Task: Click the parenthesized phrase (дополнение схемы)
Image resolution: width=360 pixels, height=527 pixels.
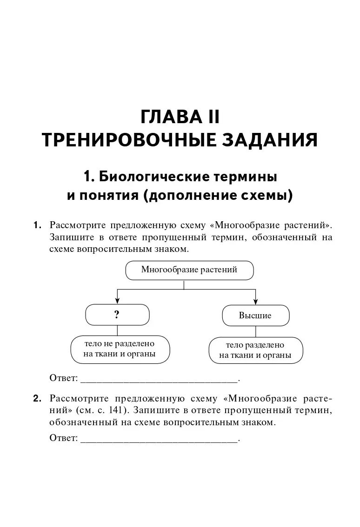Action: point(218,196)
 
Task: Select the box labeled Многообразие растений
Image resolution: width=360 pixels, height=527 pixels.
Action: point(189,270)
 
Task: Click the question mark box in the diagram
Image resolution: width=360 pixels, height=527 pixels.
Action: point(117,315)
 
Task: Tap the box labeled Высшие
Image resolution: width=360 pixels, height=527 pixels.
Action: point(255,316)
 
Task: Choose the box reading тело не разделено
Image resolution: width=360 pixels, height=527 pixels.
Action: point(119,350)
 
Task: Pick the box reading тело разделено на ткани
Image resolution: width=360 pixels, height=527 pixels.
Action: point(255,351)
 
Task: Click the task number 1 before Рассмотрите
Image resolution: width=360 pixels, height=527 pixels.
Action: point(37,225)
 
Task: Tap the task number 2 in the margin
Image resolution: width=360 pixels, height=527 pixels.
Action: point(37,398)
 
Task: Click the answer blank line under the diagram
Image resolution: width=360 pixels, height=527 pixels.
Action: point(159,381)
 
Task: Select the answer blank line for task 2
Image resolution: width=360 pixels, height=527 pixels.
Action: point(159,439)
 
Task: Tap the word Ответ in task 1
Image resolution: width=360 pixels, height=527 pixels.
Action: point(63,378)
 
